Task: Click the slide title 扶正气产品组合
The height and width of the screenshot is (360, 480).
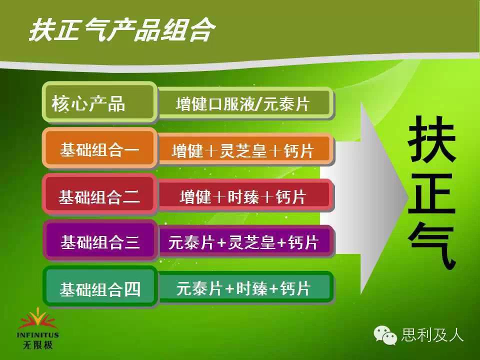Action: pyautogui.click(x=122, y=29)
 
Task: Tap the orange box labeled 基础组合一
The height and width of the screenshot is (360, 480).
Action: pyautogui.click(x=100, y=148)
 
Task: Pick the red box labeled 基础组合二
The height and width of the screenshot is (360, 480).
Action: pyautogui.click(x=100, y=194)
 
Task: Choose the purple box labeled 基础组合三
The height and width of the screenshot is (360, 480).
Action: pyautogui.click(x=100, y=241)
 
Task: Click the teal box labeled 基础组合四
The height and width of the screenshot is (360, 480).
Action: pyautogui.click(x=100, y=287)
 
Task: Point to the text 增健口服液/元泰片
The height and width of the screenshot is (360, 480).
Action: pyautogui.click(x=242, y=104)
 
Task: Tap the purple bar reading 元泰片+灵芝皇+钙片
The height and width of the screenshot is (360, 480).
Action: pyautogui.click(x=246, y=242)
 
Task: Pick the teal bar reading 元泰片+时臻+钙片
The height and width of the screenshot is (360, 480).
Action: pyautogui.click(x=246, y=288)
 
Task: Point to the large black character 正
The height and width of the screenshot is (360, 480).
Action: pyautogui.click(x=432, y=193)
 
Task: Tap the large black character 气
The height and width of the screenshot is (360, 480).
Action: pyautogui.click(x=432, y=246)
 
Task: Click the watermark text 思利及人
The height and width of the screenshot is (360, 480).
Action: pyautogui.click(x=432, y=334)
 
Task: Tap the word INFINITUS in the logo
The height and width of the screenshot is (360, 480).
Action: pyautogui.click(x=37, y=335)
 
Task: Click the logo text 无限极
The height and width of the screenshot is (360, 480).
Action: pyautogui.click(x=37, y=345)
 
